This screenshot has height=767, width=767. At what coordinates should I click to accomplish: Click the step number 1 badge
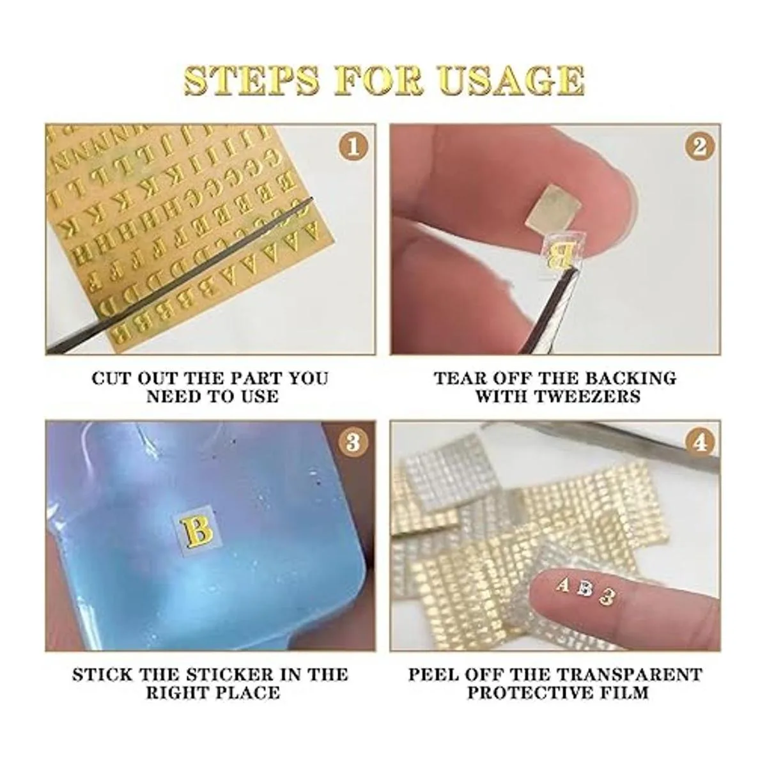[x=353, y=147]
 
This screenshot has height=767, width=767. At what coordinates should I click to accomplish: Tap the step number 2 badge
[x=700, y=147]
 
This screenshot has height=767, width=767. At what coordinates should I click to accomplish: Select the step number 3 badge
[x=353, y=442]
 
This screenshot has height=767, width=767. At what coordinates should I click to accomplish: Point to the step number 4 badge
[x=700, y=442]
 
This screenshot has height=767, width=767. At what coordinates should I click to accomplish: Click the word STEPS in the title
[x=252, y=82]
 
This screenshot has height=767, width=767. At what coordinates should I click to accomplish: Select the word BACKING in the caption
[x=631, y=378]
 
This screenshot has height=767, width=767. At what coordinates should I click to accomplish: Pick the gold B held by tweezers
[x=561, y=256]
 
